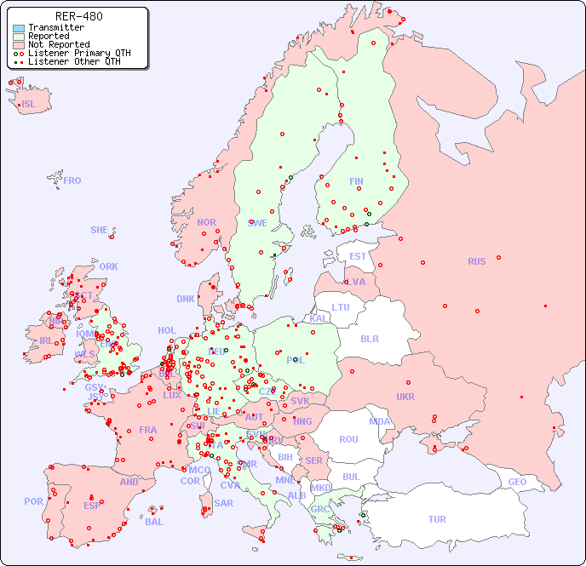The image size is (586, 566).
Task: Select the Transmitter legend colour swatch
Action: (19, 28)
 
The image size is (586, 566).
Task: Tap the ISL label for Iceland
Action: (29, 105)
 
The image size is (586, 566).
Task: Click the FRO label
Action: (72, 180)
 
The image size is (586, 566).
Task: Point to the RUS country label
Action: (476, 261)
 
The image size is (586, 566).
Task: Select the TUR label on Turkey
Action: (437, 519)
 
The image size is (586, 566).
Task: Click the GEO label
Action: (517, 482)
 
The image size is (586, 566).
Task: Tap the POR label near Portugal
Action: (33, 501)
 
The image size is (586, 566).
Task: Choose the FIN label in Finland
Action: (356, 181)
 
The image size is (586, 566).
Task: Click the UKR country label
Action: (405, 397)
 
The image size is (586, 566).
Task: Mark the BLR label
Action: (369, 338)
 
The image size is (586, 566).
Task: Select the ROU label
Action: (348, 439)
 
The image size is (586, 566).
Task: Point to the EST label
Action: (358, 256)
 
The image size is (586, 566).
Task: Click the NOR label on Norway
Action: (206, 222)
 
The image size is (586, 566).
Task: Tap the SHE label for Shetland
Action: (100, 230)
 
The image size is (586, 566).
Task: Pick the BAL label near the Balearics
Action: (154, 522)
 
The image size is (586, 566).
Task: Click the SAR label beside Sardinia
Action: (223, 503)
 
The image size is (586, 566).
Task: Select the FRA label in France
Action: (148, 430)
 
